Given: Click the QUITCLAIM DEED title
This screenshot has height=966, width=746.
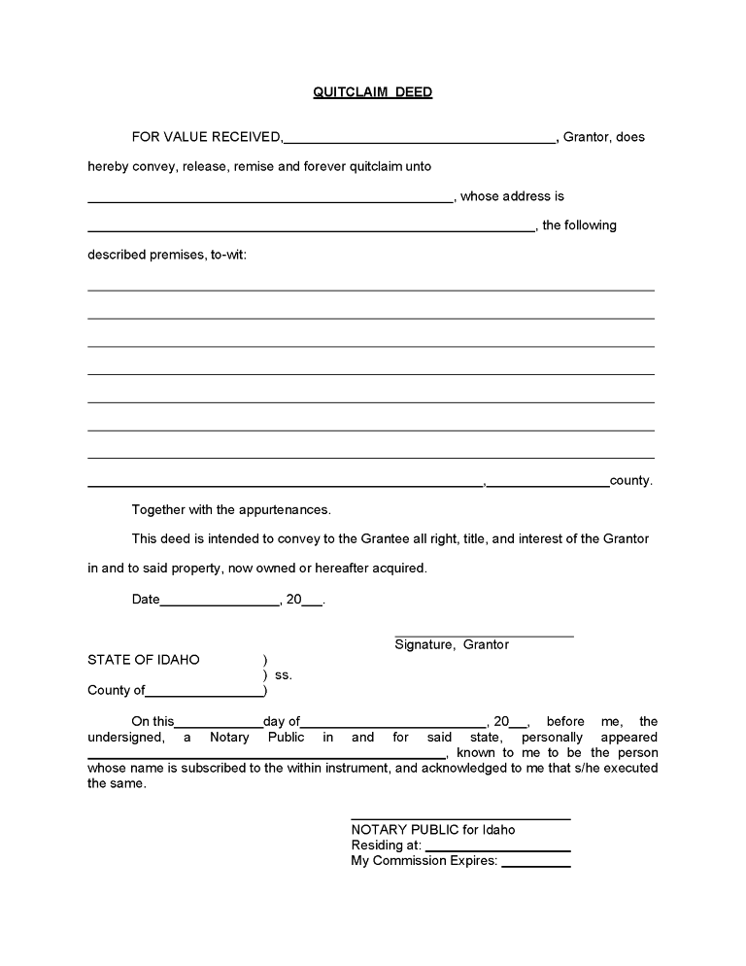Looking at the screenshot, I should (x=372, y=92).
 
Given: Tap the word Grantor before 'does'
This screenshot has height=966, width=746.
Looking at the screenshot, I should (x=587, y=137).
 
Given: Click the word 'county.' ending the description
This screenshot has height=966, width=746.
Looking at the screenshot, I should (x=630, y=480).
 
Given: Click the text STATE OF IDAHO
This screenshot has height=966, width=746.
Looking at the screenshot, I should (x=144, y=660).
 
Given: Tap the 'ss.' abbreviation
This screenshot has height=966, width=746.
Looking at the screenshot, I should (x=284, y=674).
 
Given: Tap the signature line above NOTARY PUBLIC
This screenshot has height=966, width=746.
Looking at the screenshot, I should (x=460, y=817).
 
